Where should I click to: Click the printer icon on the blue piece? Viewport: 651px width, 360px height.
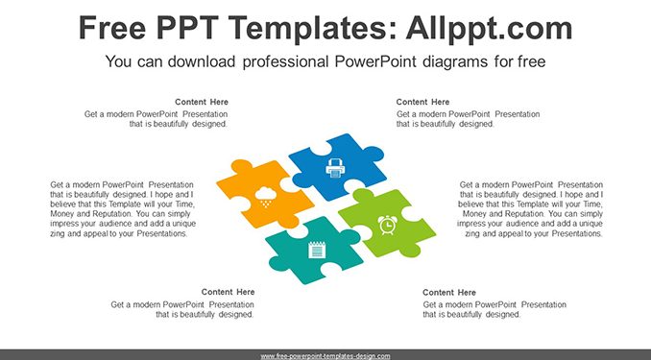[335, 168]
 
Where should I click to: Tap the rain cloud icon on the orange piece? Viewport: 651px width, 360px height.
[266, 197]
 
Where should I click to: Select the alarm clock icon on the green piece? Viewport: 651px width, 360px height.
[387, 225]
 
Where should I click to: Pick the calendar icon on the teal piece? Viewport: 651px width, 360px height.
[317, 250]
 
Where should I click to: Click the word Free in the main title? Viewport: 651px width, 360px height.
[112, 28]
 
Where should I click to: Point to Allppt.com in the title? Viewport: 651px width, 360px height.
[489, 29]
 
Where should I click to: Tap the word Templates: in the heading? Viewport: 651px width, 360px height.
[312, 29]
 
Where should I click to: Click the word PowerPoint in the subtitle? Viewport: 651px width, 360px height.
[375, 61]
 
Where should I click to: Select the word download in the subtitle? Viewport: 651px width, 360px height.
[202, 61]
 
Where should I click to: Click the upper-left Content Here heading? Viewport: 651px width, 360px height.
[202, 102]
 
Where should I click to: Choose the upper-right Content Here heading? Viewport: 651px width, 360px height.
[422, 102]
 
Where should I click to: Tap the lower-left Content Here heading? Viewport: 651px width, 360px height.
[228, 292]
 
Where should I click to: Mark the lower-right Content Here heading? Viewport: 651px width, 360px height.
[449, 292]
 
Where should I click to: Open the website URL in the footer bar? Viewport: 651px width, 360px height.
[325, 356]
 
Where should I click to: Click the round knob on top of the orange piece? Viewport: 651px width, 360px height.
[242, 166]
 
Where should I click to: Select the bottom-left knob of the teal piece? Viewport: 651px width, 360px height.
[279, 264]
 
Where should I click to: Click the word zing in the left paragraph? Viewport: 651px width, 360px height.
[58, 234]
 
